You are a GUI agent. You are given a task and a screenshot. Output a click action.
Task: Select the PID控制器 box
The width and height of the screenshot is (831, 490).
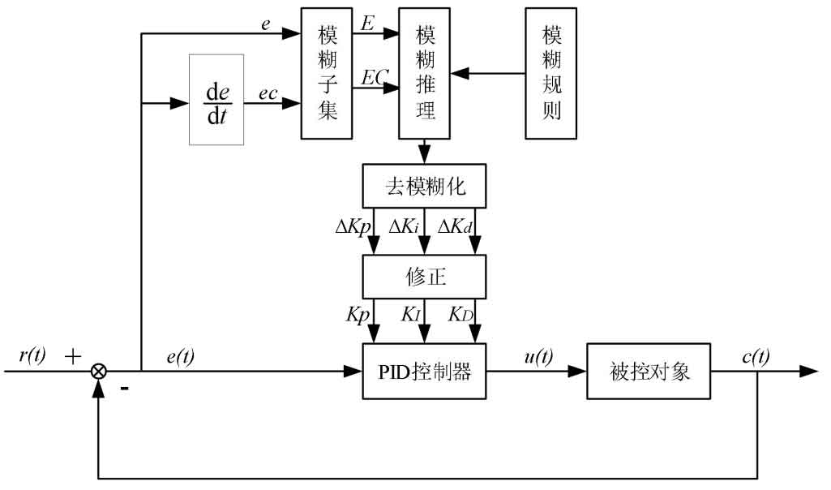pos(425,372)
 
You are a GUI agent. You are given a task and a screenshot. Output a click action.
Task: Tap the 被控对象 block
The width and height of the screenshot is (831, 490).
pos(650,372)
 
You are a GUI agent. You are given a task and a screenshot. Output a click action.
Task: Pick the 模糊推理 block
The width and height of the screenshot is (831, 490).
pos(424,73)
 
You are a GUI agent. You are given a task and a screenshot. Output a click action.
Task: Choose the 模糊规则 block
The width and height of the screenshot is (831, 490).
pos(552,73)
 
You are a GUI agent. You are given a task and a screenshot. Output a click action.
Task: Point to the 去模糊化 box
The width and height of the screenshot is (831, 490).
pos(425,188)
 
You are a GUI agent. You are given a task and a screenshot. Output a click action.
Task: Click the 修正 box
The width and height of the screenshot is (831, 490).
pos(425,276)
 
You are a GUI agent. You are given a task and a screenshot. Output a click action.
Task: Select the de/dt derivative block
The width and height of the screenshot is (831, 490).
pos(216,99)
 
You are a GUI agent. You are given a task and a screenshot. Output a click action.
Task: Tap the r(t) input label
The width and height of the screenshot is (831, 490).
pos(32,355)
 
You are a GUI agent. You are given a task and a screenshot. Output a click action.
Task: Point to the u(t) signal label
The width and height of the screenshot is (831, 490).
pos(536,355)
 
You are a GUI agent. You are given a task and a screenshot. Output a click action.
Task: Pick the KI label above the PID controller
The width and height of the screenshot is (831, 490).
pos(409,314)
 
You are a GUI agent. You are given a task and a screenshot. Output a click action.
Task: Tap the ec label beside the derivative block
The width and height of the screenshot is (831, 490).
pos(268,94)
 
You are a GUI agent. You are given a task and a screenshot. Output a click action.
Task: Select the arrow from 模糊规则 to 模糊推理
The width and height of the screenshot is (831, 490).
pos(487,74)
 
